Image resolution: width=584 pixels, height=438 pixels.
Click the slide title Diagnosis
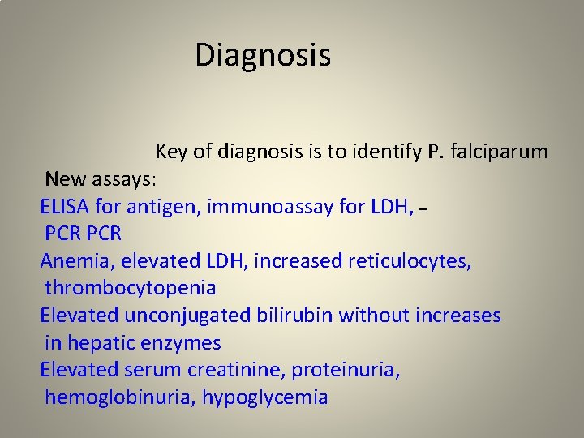click(x=263, y=56)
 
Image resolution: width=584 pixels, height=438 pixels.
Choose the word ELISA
click(x=64, y=207)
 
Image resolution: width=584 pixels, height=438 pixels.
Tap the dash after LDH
click(x=422, y=210)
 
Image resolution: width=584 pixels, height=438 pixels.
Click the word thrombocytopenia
click(x=131, y=288)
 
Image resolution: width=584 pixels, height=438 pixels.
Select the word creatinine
click(x=236, y=371)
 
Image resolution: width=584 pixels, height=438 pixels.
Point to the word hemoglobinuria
click(x=120, y=398)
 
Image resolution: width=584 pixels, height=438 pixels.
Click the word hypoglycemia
click(x=265, y=398)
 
